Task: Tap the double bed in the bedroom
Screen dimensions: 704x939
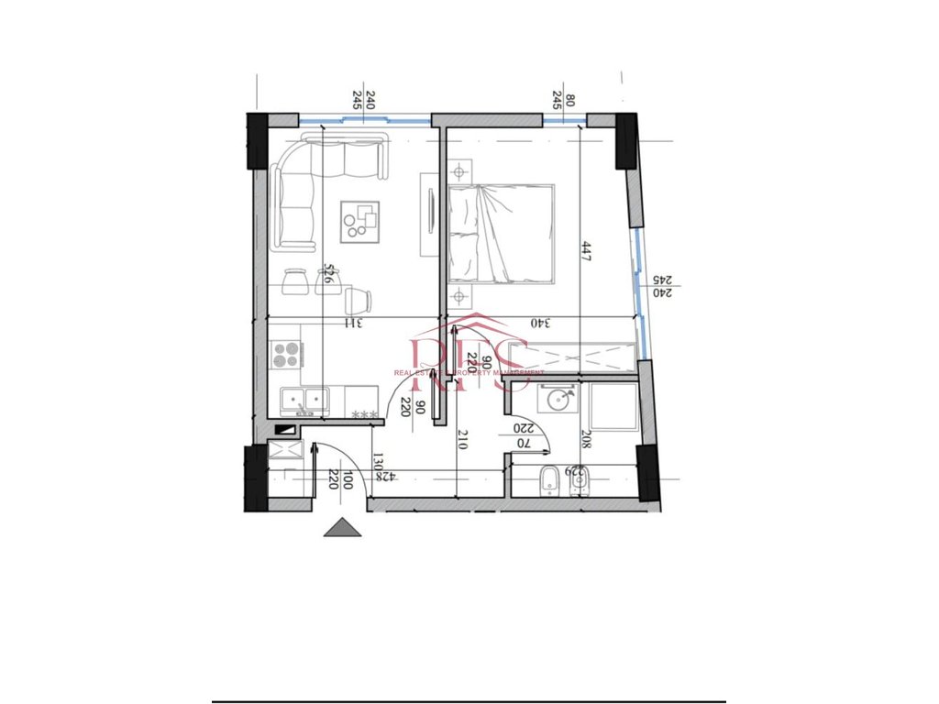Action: tap(502, 232)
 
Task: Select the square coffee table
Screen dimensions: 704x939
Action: tap(360, 221)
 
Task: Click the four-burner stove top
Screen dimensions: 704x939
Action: tap(286, 354)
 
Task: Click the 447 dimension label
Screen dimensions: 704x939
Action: tap(586, 252)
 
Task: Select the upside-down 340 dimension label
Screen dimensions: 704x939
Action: tap(541, 323)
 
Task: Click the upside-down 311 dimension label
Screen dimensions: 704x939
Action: tap(352, 323)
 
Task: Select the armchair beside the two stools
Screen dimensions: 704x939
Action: tap(360, 299)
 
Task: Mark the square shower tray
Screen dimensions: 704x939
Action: tap(613, 406)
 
